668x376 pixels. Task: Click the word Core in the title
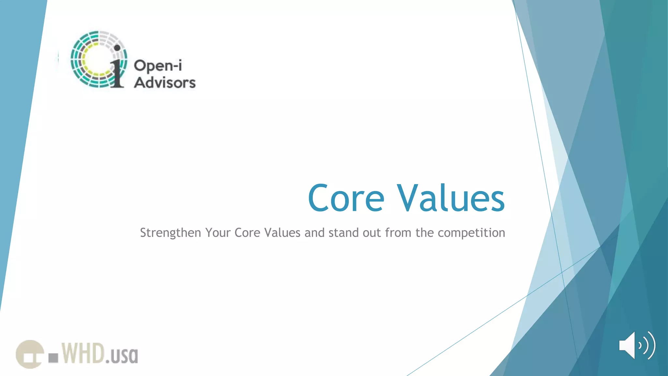[346, 198]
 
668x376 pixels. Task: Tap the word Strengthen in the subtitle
[170, 233]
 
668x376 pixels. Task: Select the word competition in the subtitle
[471, 233]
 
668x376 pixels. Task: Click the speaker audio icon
[637, 345]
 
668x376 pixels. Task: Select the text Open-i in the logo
[158, 66]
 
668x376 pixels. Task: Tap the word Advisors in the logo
[165, 83]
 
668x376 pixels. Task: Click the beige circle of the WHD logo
[30, 354]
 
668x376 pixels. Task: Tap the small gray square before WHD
[53, 358]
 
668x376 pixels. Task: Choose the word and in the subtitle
[314, 233]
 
